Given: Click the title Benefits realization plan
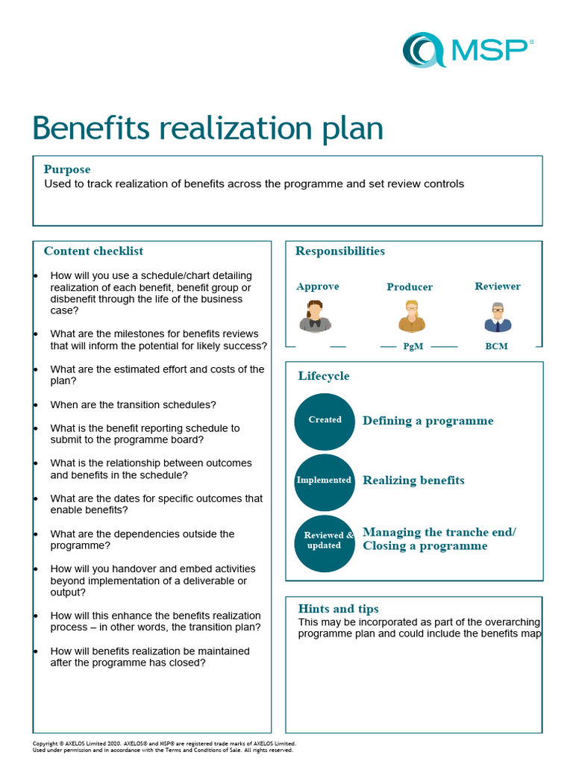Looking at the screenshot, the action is tap(207, 128).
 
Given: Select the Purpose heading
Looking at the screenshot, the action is tap(67, 169).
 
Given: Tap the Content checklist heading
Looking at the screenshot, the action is tap(93, 251).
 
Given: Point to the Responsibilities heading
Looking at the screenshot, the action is tap(340, 251).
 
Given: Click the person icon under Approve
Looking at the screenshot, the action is tap(315, 316).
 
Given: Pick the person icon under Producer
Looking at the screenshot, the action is tap(411, 316).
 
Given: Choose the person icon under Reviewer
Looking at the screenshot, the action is tap(497, 317).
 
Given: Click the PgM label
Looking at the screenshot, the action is tap(413, 347).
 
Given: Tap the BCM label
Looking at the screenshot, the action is tap(496, 347).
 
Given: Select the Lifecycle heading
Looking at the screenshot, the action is tap(324, 376).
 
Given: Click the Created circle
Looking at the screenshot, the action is tap(325, 420).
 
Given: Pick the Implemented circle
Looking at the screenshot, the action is tap(325, 480).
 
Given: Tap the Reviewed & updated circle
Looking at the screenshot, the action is tap(325, 540).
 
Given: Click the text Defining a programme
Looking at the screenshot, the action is tap(428, 421).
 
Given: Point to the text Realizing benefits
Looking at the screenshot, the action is tap(413, 480).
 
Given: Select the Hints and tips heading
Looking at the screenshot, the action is tap(338, 609).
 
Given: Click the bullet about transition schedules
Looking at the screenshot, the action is tap(133, 405).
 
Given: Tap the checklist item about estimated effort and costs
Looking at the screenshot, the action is tap(157, 375).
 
